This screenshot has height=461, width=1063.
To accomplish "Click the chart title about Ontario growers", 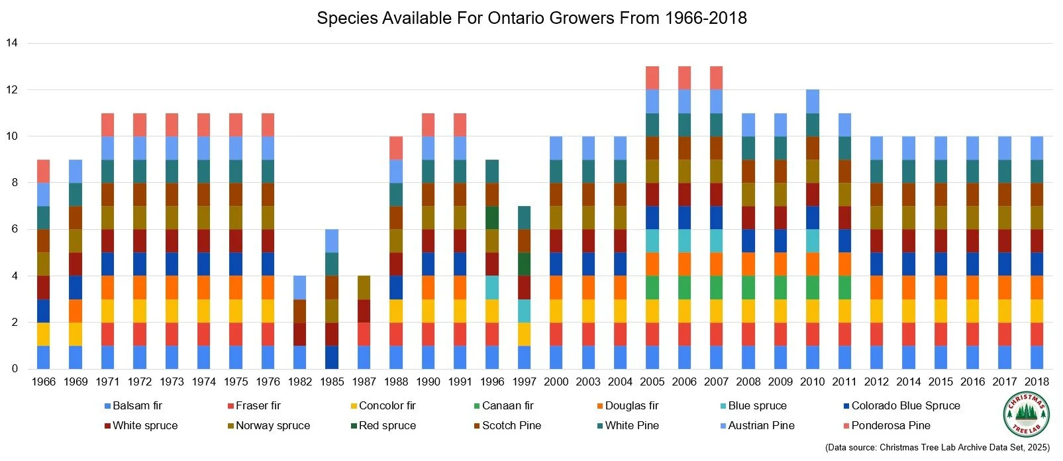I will coord(531,18).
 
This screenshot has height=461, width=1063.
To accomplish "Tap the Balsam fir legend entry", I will coord(136,405).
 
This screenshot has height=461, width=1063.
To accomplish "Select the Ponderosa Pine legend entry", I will coord(890,425).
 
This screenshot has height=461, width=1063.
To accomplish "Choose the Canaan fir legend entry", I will coord(507,405).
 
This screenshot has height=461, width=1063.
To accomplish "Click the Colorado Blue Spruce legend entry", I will coord(905,405).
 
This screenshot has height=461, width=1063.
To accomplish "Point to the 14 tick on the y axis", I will coord(12,43).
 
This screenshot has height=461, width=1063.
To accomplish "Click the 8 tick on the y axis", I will coord(15,183).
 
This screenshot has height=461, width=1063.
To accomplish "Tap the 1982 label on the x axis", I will coord(300,382).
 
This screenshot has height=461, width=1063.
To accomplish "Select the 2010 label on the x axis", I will coord(812,382).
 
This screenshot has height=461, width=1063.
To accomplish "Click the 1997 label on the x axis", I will coord(524,382).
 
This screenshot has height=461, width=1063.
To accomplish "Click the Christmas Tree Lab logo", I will coord(1026,415).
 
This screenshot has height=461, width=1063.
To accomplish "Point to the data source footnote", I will coord(937,448).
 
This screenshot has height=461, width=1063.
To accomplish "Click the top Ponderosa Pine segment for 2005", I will coord(652,77).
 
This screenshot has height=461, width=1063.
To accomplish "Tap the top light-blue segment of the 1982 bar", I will coord(300,287).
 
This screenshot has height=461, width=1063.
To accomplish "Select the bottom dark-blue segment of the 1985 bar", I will coord(332,357).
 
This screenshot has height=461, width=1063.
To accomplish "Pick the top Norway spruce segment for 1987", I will coord(364,287).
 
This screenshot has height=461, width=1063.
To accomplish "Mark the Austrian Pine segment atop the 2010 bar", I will coord(812,101).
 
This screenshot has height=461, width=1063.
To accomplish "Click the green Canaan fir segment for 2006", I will coord(684,287).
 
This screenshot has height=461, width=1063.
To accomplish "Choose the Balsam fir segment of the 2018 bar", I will coord(1037,357).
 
